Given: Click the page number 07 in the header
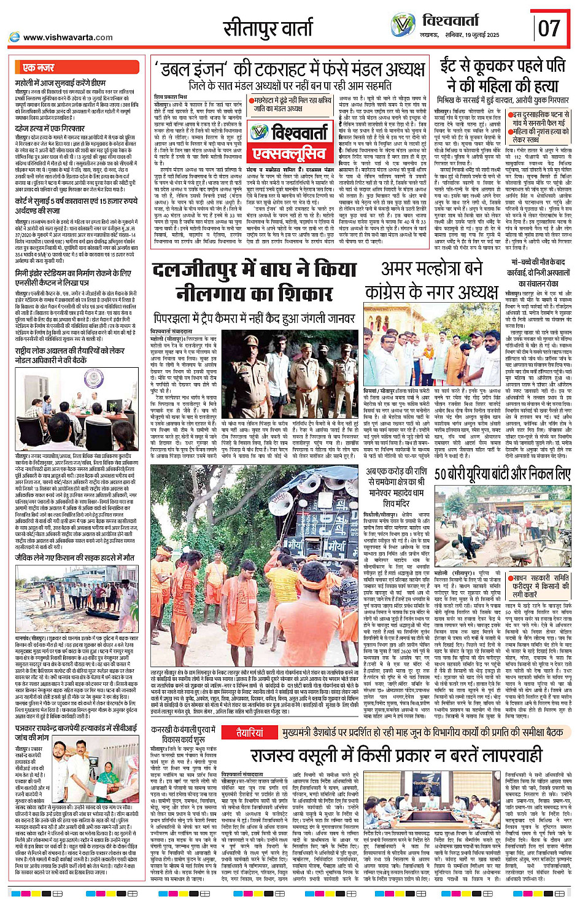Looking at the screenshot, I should (x=549, y=28).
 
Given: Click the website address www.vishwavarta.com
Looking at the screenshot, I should (x=68, y=37).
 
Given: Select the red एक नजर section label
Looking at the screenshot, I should (x=38, y=68).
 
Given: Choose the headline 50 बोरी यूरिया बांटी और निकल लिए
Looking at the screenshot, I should (x=502, y=474).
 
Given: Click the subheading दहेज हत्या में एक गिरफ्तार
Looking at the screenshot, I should (x=50, y=129).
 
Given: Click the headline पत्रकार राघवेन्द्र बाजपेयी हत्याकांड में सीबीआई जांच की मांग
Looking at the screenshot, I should (x=76, y=733).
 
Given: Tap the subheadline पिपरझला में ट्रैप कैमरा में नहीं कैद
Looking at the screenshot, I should (x=254, y=319).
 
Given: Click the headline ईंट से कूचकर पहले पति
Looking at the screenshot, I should (x=502, y=66).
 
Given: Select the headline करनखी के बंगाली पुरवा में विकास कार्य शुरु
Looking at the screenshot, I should (x=183, y=734).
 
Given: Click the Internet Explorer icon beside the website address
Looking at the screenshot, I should (x=14, y=37).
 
